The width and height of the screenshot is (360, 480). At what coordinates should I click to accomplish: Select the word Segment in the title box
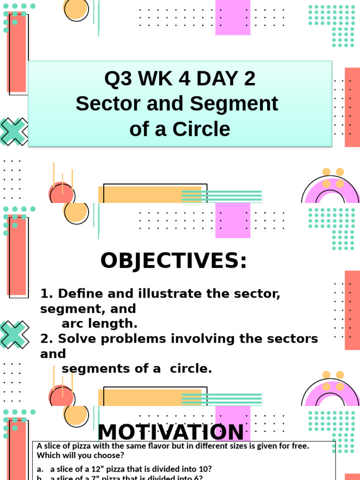coord(242,104)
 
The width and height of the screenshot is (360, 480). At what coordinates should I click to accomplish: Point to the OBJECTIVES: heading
coord(173,261)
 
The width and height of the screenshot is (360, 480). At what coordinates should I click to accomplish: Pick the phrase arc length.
coord(100,324)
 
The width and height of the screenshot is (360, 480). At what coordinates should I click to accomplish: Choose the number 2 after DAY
coord(249,79)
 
